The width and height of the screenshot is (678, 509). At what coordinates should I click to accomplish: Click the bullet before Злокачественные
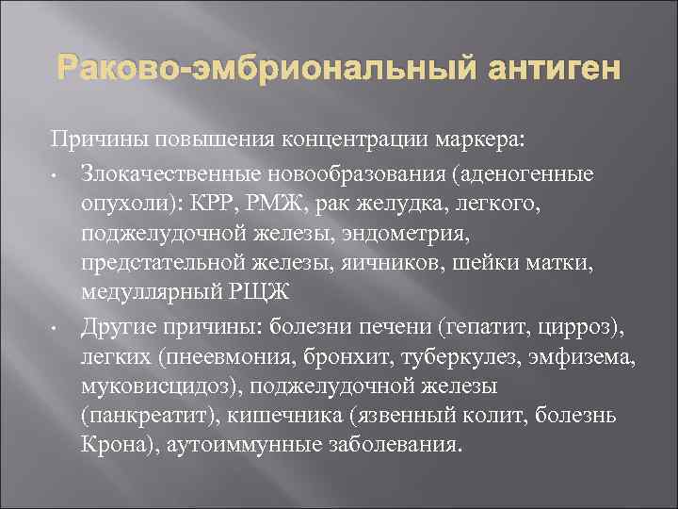pos(56,175)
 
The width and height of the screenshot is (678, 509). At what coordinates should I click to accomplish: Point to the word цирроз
pos(582,328)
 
